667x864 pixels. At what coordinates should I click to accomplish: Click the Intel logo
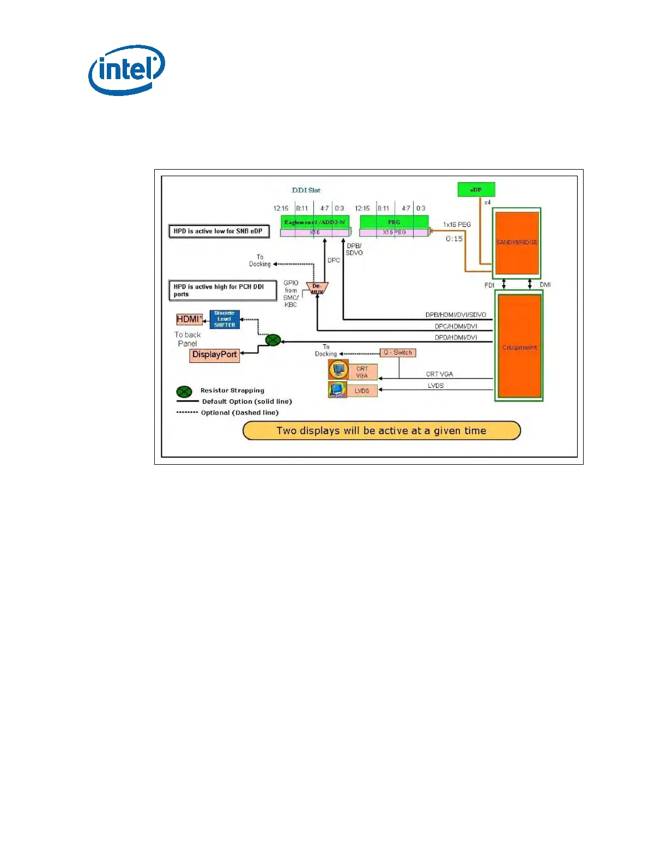click(126, 70)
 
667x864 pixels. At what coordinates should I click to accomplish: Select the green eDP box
click(476, 190)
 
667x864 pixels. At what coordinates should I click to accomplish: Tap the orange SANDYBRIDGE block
click(517, 243)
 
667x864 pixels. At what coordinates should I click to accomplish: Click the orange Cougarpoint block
click(519, 347)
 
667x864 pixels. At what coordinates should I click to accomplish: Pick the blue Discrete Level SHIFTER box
click(225, 319)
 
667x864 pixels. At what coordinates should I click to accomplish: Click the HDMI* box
click(189, 319)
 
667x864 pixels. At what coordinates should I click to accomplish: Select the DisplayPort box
click(214, 355)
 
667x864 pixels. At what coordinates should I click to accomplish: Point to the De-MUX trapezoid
click(317, 288)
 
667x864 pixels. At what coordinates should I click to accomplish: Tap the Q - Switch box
click(398, 352)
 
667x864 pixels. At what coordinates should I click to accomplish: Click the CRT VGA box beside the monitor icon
click(362, 372)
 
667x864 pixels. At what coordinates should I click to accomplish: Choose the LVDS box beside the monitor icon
click(362, 391)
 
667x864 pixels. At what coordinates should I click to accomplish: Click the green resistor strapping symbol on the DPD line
click(273, 340)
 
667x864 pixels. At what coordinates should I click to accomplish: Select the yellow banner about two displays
click(381, 430)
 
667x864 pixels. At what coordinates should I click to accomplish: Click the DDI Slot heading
click(306, 190)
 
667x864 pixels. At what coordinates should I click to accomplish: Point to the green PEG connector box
click(394, 222)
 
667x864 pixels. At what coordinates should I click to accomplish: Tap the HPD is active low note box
click(219, 231)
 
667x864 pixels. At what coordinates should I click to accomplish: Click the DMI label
click(545, 285)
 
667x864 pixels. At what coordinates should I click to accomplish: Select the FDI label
click(489, 285)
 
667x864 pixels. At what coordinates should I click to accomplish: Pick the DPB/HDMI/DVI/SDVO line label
click(456, 315)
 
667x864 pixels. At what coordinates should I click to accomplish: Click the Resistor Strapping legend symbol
click(184, 392)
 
